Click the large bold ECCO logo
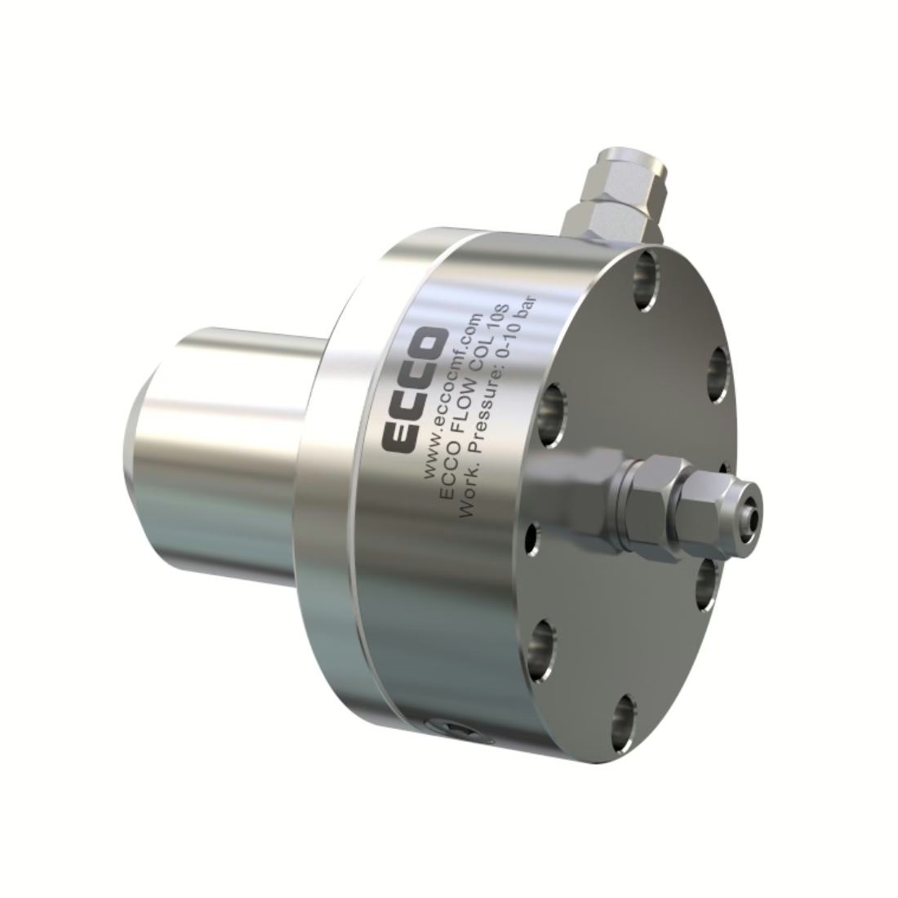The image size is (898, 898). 414,390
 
